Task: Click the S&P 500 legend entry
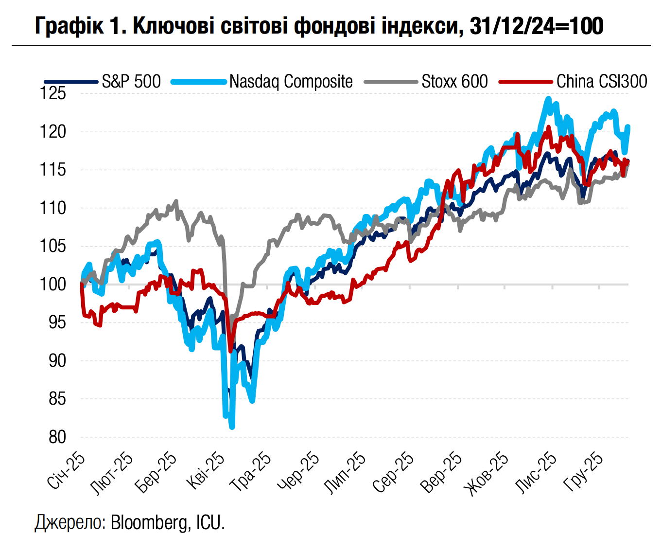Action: [131, 81]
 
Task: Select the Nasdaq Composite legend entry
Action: [291, 81]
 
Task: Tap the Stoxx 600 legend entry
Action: [454, 81]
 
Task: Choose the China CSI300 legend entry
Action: [602, 81]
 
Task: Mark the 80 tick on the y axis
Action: [57, 437]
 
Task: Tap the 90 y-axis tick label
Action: [57, 360]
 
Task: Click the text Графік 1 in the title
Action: [77, 26]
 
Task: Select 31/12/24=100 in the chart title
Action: [537, 26]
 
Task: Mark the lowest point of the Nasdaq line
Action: [232, 427]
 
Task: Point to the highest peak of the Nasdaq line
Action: [548, 99]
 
